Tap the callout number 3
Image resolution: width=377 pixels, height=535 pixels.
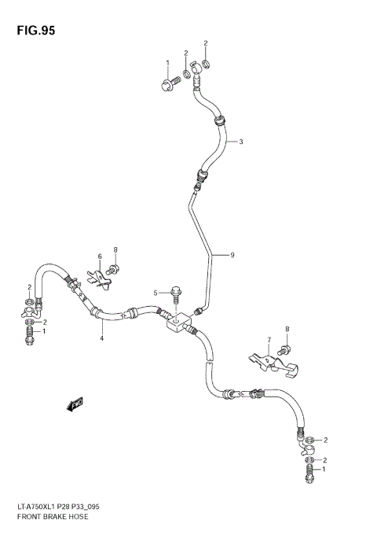[241, 142]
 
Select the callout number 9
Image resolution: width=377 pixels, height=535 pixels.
[232, 255]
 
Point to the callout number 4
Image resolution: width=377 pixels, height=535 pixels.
[101, 338]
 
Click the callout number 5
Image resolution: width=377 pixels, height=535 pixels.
[156, 293]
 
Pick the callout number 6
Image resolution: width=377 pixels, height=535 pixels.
[100, 256]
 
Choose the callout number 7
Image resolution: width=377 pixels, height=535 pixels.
[268, 341]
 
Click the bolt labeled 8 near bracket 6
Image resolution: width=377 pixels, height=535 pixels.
[114, 269]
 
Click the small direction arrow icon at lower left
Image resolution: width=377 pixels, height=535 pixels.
[75, 404]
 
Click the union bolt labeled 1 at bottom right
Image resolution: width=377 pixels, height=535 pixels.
[309, 473]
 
